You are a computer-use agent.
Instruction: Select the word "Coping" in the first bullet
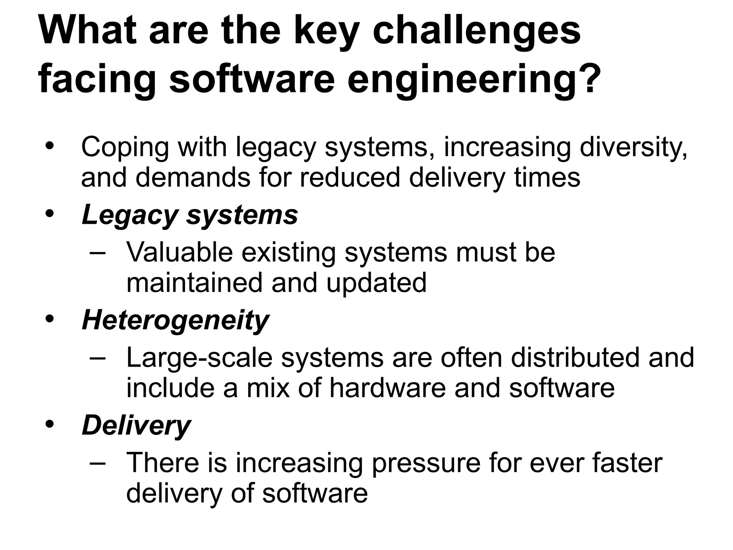pos(125,148)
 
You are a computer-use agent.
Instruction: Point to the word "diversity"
pos(633,148)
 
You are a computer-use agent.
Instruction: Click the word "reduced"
pos(349,178)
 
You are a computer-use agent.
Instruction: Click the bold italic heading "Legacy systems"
pos(190,216)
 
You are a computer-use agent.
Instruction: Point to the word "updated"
pos(376,283)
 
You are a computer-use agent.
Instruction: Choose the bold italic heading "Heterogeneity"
pos(175,320)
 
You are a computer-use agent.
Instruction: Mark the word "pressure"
pos(426,463)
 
